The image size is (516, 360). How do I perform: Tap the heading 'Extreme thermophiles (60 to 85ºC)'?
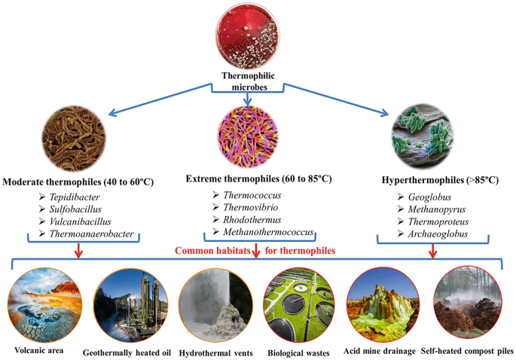click(x=258, y=178)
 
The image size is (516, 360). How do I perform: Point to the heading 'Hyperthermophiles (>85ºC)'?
click(x=435, y=182)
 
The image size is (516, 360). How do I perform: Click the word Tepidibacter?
click(x=84, y=198)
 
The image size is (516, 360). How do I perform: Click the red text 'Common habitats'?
click(x=211, y=250)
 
